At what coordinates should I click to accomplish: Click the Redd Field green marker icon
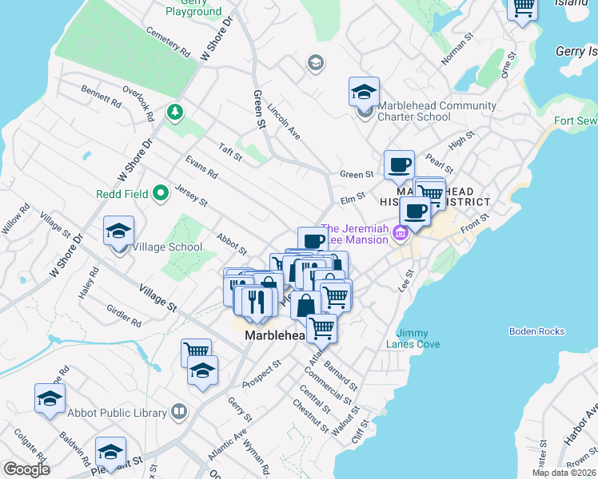pyautogui.click(x=161, y=192)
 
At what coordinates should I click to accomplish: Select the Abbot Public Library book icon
pyautogui.click(x=179, y=413)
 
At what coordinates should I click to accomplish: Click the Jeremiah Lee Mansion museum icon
pyautogui.click(x=401, y=232)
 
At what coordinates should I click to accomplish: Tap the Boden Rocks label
pyautogui.click(x=536, y=331)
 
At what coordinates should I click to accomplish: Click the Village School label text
pyautogui.click(x=167, y=247)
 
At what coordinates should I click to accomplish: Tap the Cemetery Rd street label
pyautogui.click(x=168, y=42)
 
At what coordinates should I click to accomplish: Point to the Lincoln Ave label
pyautogui.click(x=284, y=121)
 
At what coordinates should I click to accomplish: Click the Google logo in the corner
pyautogui.click(x=26, y=469)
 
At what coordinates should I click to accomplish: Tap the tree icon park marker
pyautogui.click(x=173, y=112)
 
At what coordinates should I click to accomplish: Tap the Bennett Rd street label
pyautogui.click(x=101, y=97)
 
